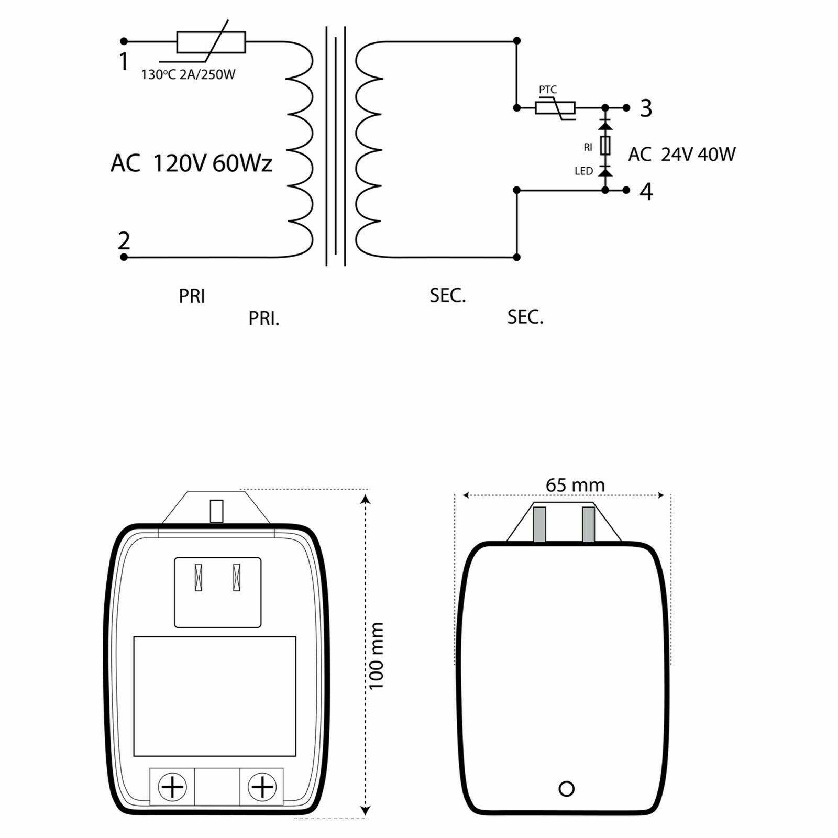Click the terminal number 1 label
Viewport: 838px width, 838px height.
123,62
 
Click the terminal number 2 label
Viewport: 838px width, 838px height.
124,240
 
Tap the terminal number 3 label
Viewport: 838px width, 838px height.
646,108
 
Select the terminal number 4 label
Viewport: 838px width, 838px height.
647,192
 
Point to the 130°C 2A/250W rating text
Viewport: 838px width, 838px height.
188,74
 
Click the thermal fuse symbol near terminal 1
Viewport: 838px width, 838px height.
211,42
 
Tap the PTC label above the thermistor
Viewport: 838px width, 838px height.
548,90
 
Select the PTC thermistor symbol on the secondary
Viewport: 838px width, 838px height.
555,108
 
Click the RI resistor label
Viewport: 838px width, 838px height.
588,148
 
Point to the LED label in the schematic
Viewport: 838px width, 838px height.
583,171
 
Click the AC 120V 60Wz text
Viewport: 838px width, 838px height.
191,164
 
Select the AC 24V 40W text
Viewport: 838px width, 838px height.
682,155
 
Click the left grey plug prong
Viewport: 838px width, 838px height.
539,524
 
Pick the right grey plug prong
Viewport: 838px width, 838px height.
588,524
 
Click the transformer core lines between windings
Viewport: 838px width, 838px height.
335,147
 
